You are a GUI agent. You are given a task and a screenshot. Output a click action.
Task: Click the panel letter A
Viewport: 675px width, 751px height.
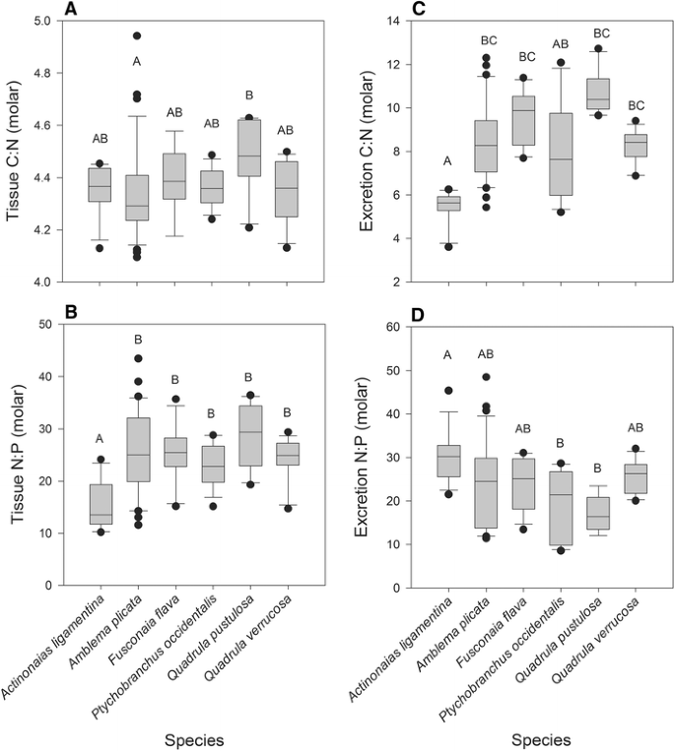(70, 10)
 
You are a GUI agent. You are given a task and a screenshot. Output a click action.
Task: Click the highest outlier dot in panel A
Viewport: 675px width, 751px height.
(137, 35)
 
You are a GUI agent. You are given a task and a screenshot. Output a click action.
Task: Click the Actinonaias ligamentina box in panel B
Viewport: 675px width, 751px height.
(100, 504)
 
